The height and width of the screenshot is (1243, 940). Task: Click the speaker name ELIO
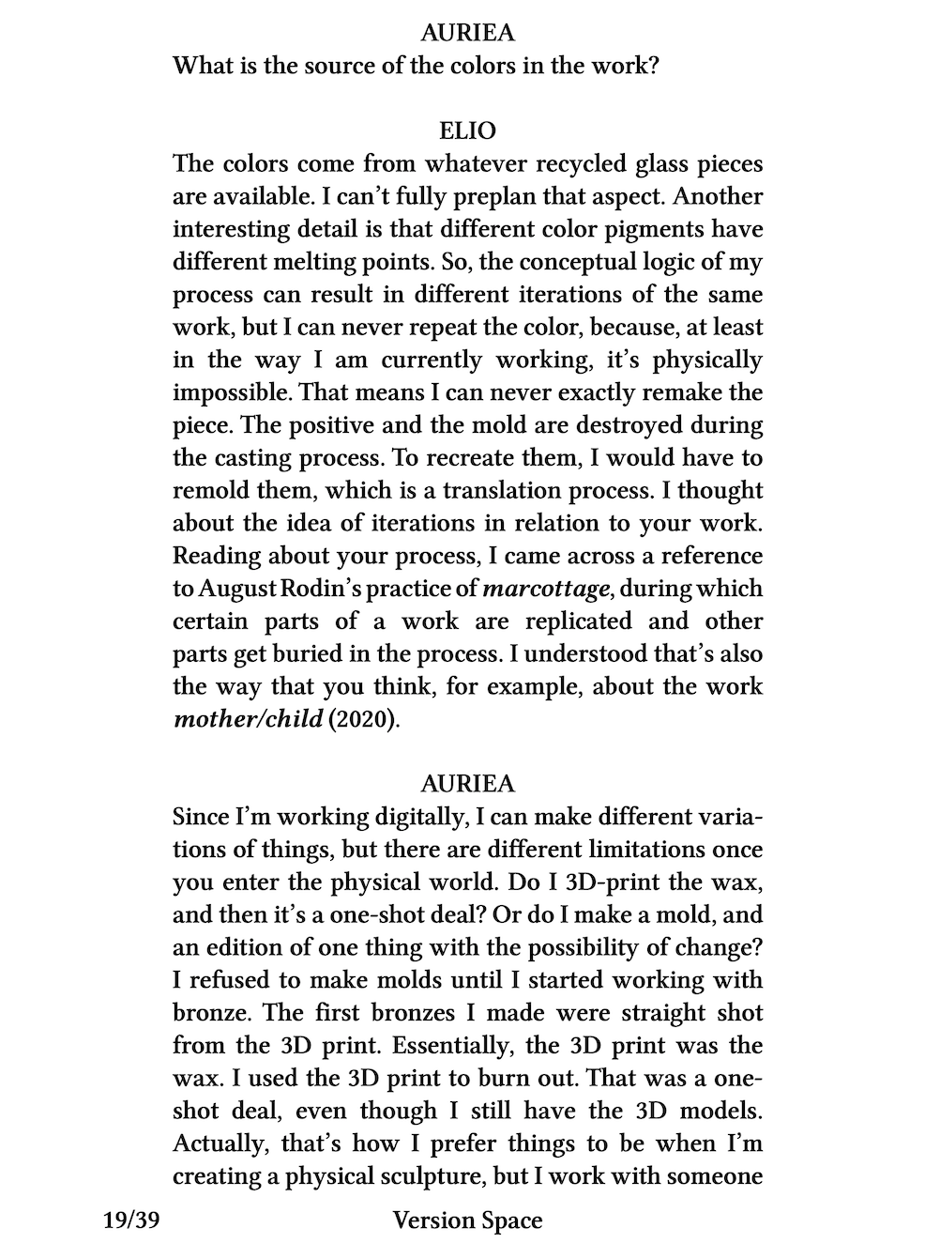click(x=467, y=130)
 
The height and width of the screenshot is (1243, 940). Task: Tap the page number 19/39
click(x=130, y=1220)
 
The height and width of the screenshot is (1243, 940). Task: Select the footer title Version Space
click(x=467, y=1220)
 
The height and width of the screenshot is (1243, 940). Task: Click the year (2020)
click(x=357, y=720)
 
